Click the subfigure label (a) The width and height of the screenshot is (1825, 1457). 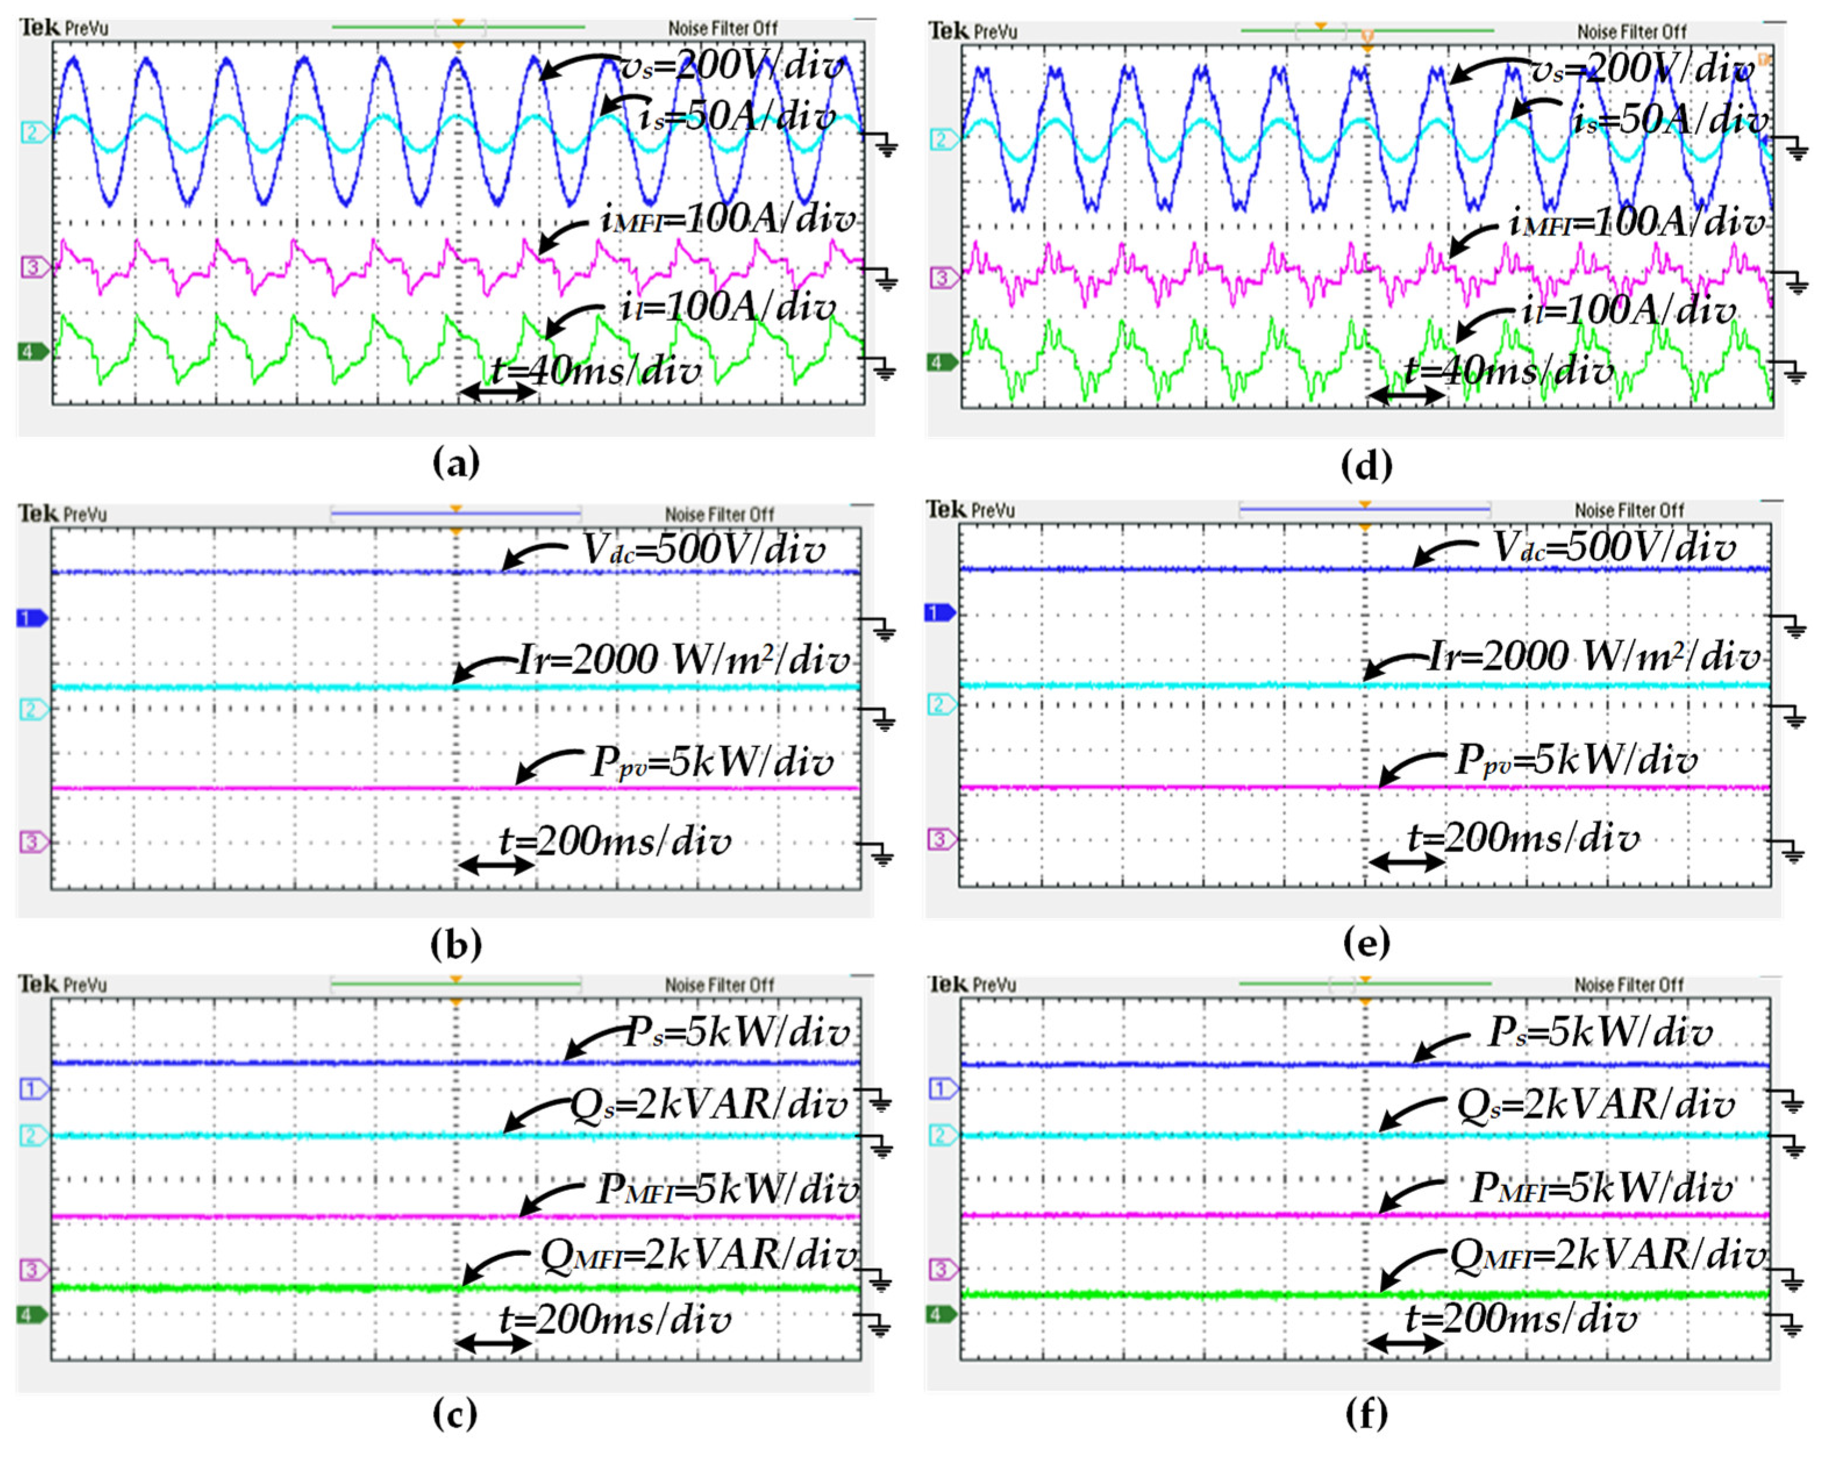point(455,463)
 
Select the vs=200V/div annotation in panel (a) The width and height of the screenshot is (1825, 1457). point(733,66)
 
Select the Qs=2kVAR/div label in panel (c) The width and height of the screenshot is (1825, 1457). point(709,1105)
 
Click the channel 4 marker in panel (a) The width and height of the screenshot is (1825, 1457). point(32,351)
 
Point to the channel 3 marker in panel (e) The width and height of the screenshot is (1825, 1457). point(941,839)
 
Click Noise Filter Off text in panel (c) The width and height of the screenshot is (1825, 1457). point(720,985)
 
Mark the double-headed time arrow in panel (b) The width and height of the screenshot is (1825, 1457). point(496,865)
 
